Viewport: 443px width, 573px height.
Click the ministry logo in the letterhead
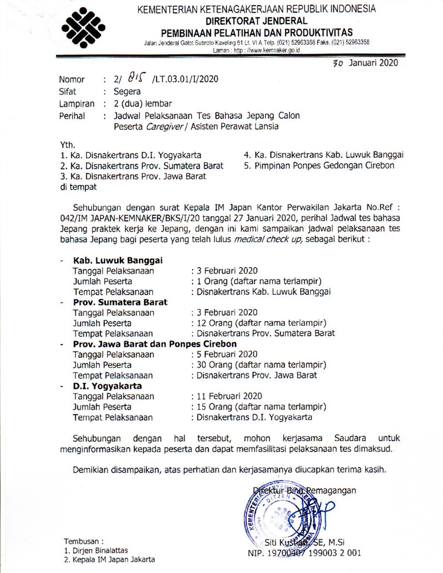tap(83, 28)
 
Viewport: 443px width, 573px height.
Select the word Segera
tap(127, 92)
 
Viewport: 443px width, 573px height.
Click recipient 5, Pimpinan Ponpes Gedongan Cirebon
tap(319, 166)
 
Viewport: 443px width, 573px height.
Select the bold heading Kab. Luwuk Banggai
tap(118, 260)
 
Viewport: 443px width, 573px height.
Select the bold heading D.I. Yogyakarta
tap(107, 386)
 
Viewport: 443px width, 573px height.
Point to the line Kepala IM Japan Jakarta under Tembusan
tap(109, 560)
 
